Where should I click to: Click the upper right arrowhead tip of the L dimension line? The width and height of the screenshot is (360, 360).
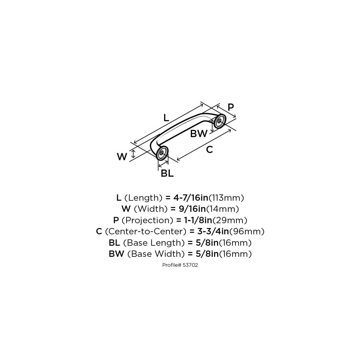coord(203,105)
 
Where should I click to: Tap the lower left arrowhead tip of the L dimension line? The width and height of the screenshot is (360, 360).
coord(134,143)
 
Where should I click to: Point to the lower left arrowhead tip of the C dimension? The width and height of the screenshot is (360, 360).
coord(177,160)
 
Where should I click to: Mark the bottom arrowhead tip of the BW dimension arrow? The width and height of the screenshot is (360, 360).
coord(212,131)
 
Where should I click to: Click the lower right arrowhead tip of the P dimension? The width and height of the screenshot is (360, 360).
coord(236,117)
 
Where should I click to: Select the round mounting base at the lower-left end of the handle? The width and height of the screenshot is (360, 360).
coord(162,153)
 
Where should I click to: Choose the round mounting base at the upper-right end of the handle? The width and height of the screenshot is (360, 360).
coord(220,121)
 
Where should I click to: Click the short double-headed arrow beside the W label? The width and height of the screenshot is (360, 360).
coord(133,154)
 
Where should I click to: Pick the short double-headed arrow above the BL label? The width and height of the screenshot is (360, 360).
coord(163,164)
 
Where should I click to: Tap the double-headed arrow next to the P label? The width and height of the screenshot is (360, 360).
coord(226,111)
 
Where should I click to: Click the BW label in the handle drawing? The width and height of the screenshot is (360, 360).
coord(199,134)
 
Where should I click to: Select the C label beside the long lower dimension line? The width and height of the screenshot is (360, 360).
coord(209,150)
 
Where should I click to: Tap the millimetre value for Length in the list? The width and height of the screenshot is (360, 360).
coord(226,198)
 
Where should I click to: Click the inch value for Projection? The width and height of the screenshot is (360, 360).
coord(198,220)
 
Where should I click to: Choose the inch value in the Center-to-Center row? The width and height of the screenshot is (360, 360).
coord(213,232)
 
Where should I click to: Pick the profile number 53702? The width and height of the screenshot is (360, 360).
coord(190,265)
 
